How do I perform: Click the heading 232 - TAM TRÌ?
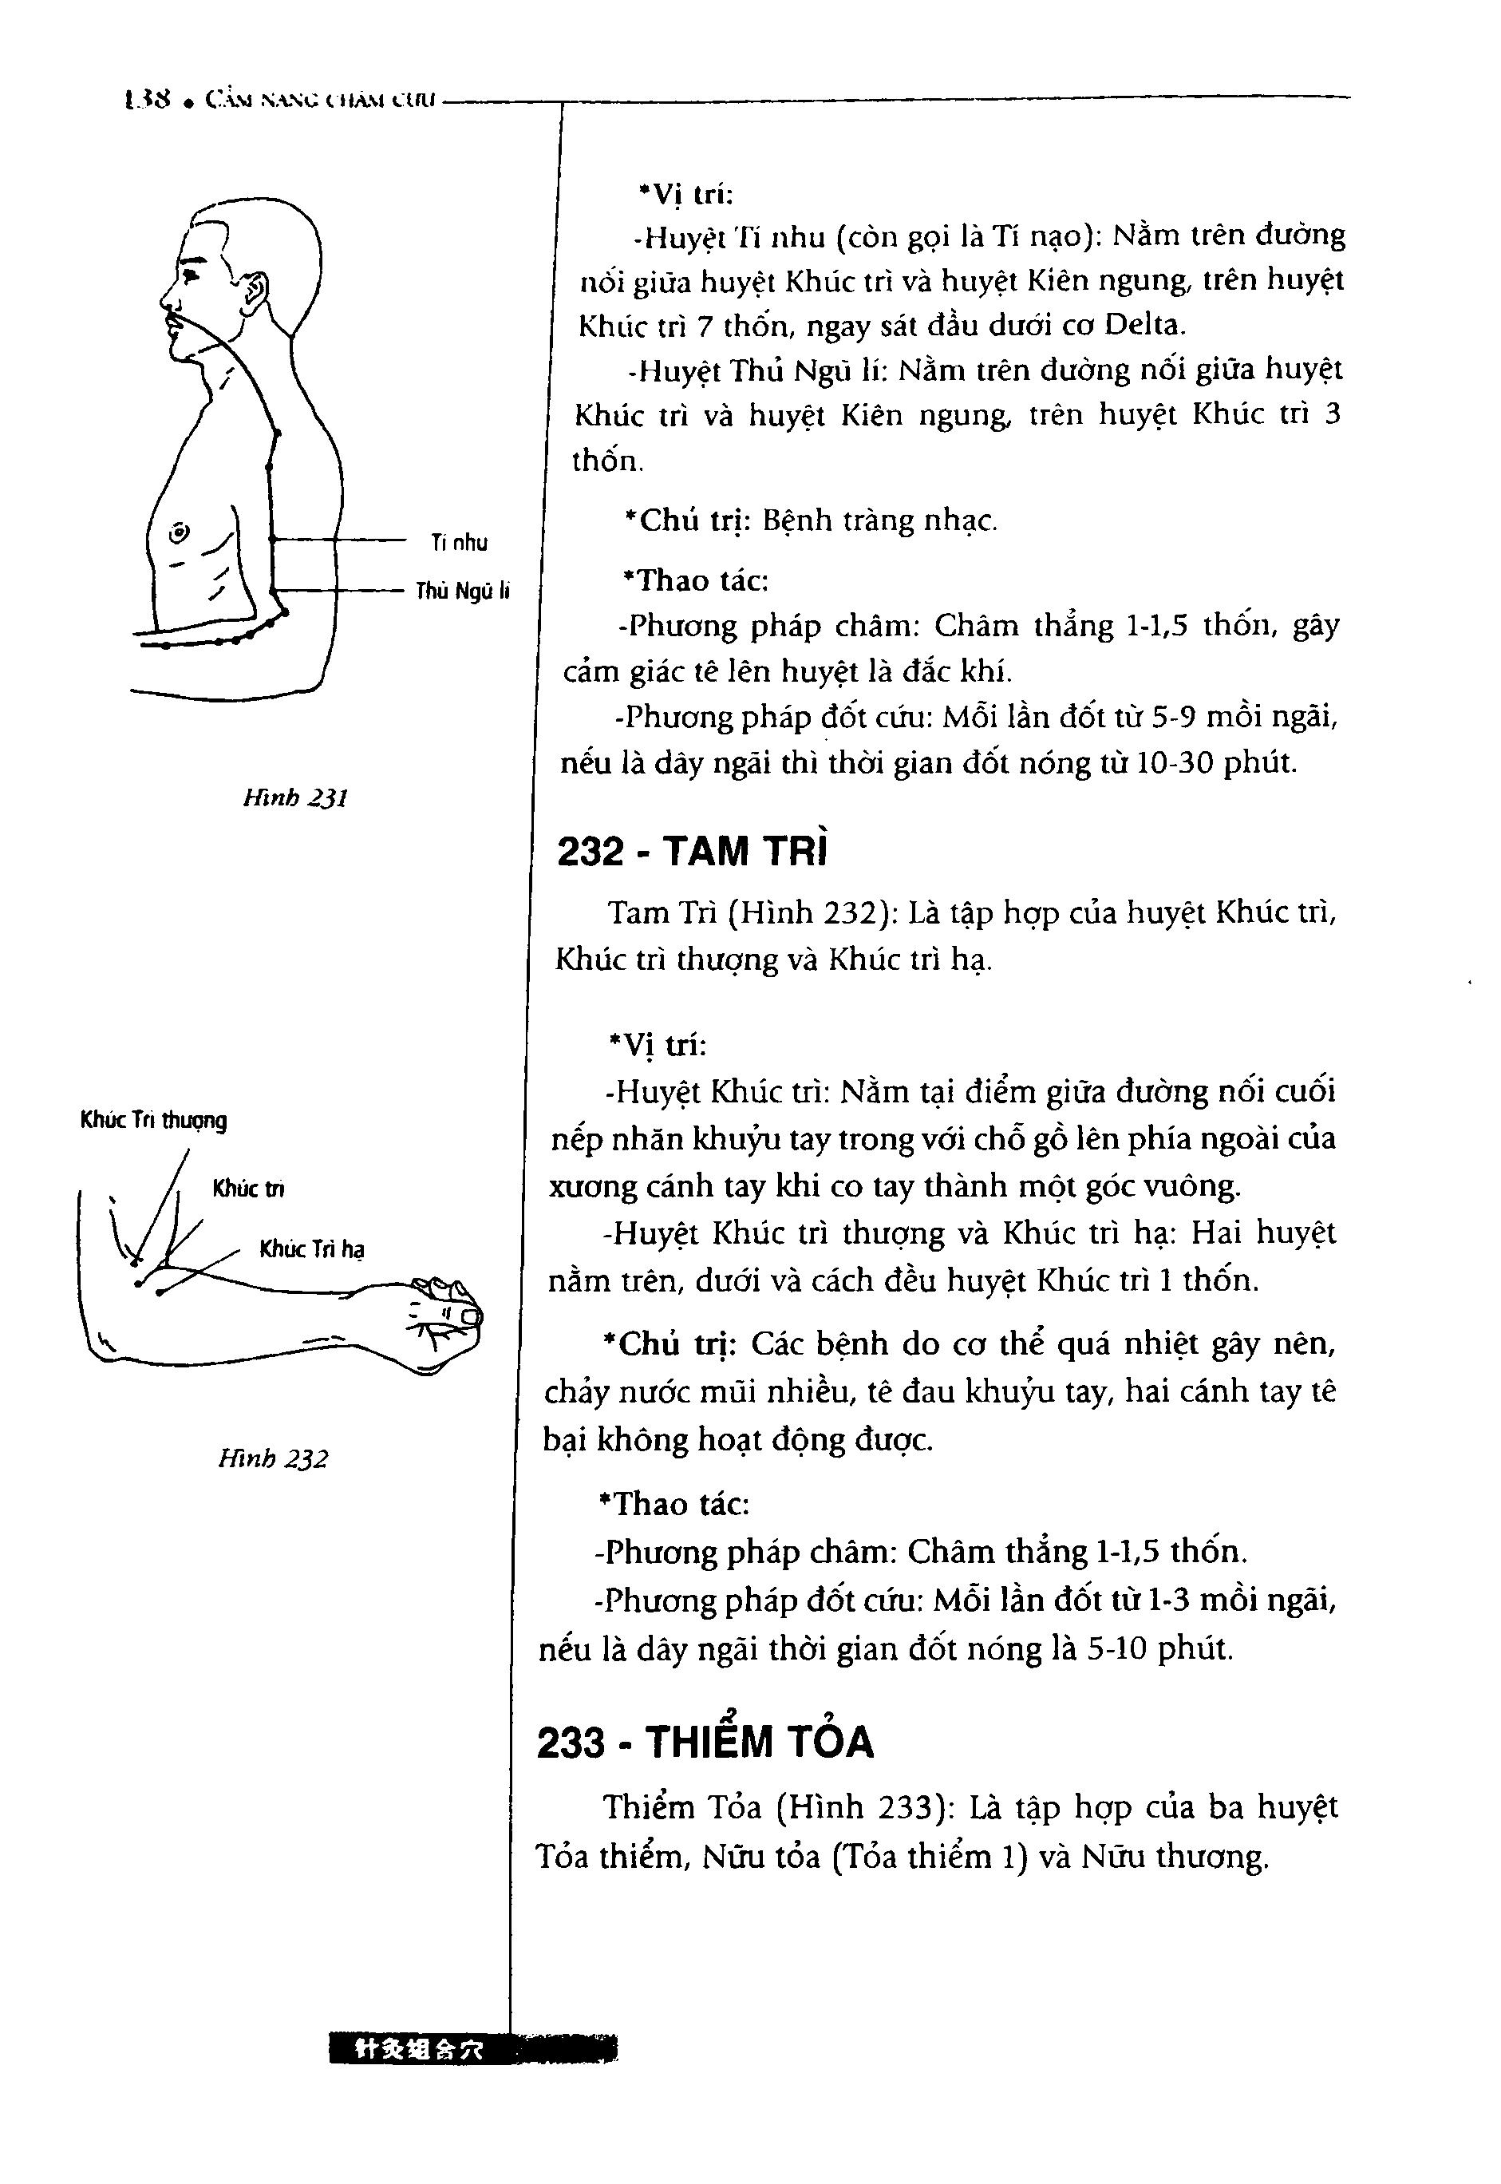click(694, 851)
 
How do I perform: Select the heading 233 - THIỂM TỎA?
click(705, 1741)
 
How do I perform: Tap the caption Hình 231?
click(295, 798)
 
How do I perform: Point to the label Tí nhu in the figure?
click(459, 543)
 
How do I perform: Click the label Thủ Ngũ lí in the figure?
click(462, 591)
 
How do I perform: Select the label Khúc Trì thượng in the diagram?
click(154, 1120)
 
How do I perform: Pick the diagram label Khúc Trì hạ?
click(312, 1249)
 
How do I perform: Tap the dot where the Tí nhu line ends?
click(272, 539)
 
